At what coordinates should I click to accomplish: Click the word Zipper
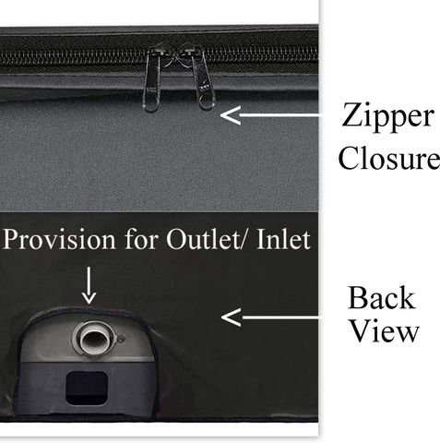click(x=387, y=118)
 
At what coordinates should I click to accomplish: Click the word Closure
click(x=389, y=157)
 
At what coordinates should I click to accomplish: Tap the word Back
click(x=381, y=297)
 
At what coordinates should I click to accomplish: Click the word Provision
click(x=59, y=239)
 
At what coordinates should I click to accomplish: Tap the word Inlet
click(x=283, y=239)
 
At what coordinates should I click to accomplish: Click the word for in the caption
click(x=141, y=239)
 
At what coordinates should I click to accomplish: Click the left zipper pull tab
click(x=151, y=80)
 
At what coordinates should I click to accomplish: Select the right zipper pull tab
click(x=202, y=80)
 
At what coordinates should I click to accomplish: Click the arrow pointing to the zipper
click(x=269, y=115)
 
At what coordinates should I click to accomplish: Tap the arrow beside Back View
click(x=270, y=317)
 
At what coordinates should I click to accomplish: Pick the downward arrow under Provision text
click(x=89, y=285)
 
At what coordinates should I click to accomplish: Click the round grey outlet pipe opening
click(x=95, y=339)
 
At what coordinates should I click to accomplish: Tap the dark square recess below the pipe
click(x=87, y=388)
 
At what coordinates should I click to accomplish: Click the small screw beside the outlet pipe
click(x=121, y=339)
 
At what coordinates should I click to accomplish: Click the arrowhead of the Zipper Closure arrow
click(x=229, y=115)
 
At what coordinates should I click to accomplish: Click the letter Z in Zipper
click(x=351, y=114)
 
